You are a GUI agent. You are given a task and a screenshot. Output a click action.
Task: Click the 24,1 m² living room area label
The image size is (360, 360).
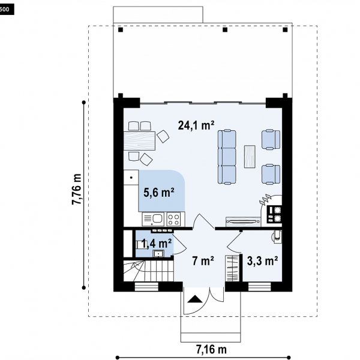pos(196,125)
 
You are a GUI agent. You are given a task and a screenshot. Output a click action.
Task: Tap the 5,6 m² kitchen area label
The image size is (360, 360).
pos(158,192)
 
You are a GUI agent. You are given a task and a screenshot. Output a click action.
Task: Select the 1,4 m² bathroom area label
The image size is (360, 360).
pos(157,244)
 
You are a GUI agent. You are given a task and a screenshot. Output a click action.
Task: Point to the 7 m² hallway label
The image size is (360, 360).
pos(203,260)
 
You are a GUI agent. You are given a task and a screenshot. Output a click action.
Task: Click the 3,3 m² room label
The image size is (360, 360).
pos(262,260)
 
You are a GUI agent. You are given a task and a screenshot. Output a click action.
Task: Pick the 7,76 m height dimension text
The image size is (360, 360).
pos(77,189)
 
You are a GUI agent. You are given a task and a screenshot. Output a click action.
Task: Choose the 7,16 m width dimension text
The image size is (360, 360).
pos(211,349)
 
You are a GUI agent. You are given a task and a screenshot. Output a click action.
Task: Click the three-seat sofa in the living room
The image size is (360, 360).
pos(227,157)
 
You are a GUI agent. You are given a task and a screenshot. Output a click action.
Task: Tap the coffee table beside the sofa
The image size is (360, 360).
pos(250,157)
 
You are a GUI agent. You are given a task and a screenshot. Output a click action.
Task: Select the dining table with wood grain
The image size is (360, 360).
pos(139,141)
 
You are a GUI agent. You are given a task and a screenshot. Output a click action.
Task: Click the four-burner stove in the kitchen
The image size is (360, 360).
pos(175,219)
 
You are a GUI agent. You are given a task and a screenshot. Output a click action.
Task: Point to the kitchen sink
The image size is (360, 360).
pos(153,219)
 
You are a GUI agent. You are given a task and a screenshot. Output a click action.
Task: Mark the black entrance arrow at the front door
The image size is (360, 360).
pos(195,299)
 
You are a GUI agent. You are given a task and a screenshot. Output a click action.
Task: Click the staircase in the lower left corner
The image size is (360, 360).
pos(149,271)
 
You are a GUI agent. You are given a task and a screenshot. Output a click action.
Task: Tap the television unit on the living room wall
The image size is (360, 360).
pos(242,221)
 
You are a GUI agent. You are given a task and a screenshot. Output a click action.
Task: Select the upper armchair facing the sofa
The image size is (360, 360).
pos(271,139)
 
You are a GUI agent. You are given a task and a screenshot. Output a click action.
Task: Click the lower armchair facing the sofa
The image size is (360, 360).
pos(271,174)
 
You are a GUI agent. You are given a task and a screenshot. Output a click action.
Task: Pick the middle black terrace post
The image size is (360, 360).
pos(225,29)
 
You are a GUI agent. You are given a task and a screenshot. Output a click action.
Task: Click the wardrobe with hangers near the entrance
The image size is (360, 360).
pos(232,268)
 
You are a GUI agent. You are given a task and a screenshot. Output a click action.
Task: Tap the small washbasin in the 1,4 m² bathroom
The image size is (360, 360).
pos(158,253)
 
